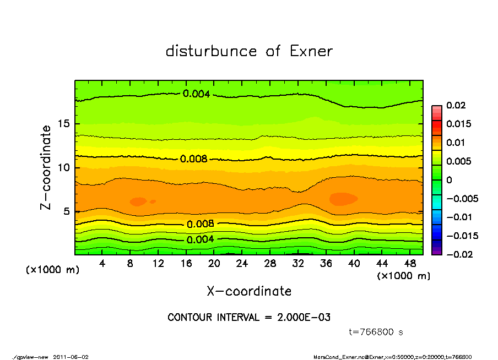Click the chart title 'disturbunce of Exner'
tap(249, 51)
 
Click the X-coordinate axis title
tap(249, 291)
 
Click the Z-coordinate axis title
tap(47, 167)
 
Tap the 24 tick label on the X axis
tap(242, 264)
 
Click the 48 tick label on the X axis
tap(410, 264)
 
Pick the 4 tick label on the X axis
tap(102, 264)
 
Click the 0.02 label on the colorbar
tap(457, 105)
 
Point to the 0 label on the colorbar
tap(449, 180)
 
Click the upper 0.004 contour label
tap(196, 94)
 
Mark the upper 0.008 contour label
tap(194, 159)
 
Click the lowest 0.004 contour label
tap(200, 239)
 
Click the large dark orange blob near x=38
tap(343, 198)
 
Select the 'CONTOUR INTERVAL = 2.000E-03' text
tap(249, 318)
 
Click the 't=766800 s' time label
tap(377, 332)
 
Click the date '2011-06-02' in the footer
tap(71, 357)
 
